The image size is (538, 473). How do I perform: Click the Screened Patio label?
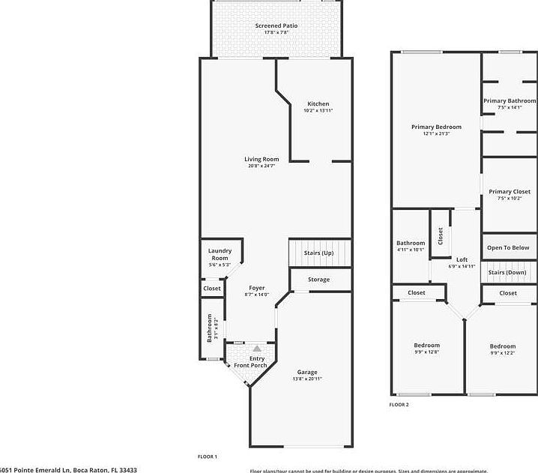click(x=276, y=26)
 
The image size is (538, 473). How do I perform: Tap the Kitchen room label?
click(x=318, y=103)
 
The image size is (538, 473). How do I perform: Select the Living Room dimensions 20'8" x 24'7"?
click(x=262, y=166)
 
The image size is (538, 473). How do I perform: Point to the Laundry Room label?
click(x=220, y=254)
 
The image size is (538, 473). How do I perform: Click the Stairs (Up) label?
click(x=318, y=253)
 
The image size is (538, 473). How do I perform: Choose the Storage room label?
click(x=318, y=280)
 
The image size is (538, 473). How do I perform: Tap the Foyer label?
click(x=257, y=288)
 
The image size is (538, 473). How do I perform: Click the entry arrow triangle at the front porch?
click(x=257, y=349)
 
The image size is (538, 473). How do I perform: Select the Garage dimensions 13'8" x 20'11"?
click(x=307, y=379)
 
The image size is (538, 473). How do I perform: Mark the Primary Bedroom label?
click(x=436, y=127)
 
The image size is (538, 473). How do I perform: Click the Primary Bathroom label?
click(x=510, y=100)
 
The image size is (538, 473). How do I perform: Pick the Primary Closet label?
click(x=510, y=192)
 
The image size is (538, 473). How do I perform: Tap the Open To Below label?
click(x=508, y=247)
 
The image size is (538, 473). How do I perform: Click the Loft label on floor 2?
click(x=462, y=259)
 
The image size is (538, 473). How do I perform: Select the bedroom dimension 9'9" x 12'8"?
click(x=427, y=352)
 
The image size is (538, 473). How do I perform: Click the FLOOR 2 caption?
click(x=399, y=405)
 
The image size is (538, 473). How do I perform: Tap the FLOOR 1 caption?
click(x=207, y=457)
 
